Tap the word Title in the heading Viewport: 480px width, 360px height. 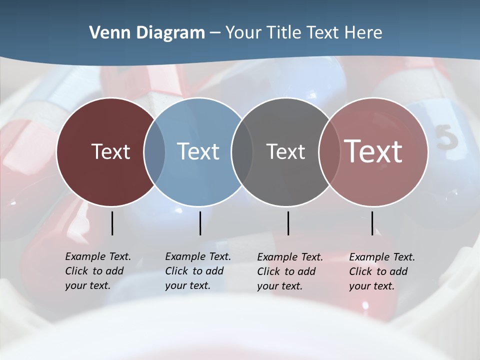point(284,33)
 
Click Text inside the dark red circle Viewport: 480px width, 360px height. point(110,151)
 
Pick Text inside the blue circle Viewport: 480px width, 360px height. point(198,151)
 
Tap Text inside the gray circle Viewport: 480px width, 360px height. point(285,151)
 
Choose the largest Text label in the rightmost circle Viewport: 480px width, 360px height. point(373,151)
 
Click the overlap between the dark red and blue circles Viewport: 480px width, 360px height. point(154,152)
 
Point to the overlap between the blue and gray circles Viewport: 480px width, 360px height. point(242,152)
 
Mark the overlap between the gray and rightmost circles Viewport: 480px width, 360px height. point(329,152)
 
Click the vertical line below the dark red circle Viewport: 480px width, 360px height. point(112,223)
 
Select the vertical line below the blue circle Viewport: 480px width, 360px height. point(200,223)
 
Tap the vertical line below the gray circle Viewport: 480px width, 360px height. point(288,223)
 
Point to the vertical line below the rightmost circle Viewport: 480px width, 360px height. point(372,223)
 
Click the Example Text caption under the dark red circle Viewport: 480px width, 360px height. point(98,271)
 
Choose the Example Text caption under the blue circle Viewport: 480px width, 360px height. point(198,271)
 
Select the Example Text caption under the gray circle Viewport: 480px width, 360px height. point(290,271)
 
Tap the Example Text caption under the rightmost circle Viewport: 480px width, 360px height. point(382,271)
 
